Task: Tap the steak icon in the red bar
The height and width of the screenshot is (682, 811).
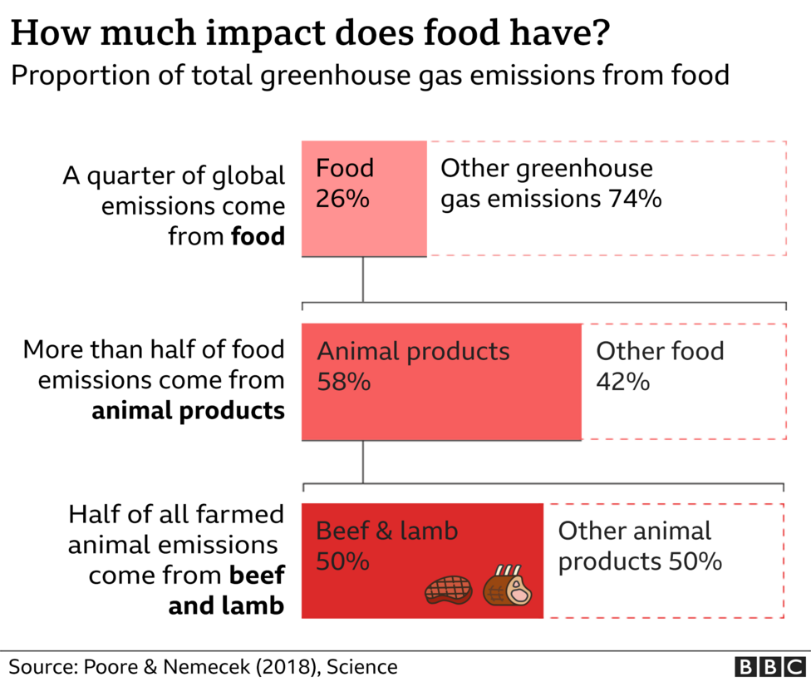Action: pyautogui.click(x=448, y=590)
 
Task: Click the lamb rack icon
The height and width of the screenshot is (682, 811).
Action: pyautogui.click(x=508, y=586)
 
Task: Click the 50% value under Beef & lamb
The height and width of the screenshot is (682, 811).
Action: pyautogui.click(x=342, y=562)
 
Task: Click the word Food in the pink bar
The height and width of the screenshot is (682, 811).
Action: pyautogui.click(x=345, y=169)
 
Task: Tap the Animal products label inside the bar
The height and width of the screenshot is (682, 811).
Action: pyautogui.click(x=413, y=351)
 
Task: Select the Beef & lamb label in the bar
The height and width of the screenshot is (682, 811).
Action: pyautogui.click(x=387, y=531)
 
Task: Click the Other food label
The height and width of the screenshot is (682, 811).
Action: pyautogui.click(x=660, y=351)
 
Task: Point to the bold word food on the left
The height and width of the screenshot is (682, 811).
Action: pyautogui.click(x=258, y=237)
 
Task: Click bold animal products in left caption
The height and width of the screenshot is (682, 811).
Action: pyautogui.click(x=188, y=411)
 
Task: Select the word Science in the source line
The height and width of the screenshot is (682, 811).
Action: pyautogui.click(x=362, y=666)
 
